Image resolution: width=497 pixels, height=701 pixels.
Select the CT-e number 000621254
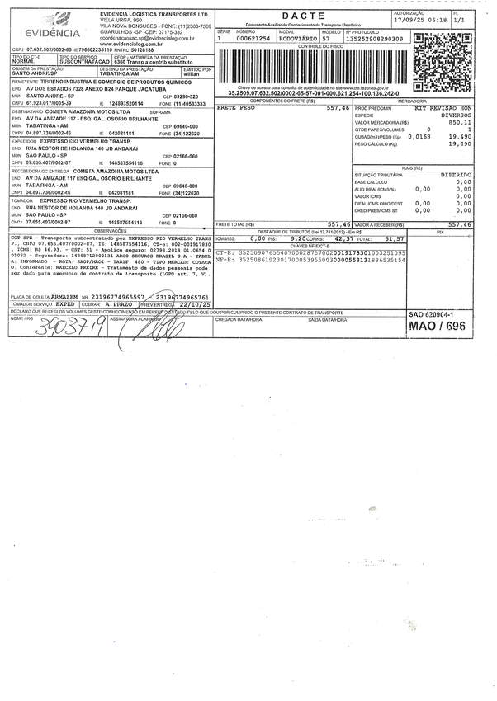point(253,39)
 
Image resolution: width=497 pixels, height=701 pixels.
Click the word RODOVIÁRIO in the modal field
point(298,39)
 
